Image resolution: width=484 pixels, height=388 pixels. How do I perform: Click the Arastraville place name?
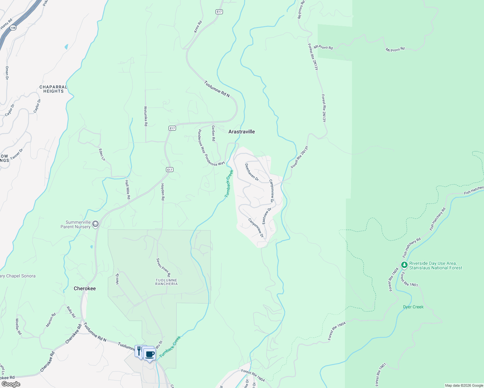point(241,132)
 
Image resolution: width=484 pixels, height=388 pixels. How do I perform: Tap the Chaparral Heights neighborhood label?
point(53,89)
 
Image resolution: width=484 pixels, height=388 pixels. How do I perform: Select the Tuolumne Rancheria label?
point(166,282)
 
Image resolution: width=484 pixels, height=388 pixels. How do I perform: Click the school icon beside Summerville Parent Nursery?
point(95,224)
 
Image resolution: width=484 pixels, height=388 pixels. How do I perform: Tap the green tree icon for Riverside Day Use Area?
point(404,265)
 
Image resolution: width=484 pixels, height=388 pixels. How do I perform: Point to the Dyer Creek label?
point(413,307)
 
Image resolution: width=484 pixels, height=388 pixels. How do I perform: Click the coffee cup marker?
point(149,354)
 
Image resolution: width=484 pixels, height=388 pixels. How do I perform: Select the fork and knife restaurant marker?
point(139,351)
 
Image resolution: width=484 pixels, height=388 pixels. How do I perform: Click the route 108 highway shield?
point(13,28)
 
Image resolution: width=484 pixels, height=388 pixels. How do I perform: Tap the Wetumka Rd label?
point(146,116)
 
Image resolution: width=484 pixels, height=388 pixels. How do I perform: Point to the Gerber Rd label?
point(213,133)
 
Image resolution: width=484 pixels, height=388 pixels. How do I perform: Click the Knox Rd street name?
point(198,27)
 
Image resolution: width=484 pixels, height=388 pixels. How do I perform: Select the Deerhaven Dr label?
point(252,172)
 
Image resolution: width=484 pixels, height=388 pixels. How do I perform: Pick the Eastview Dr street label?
point(267,216)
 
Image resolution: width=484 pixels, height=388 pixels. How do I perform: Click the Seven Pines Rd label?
point(163,267)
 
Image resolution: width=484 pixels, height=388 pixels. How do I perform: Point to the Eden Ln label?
point(102,155)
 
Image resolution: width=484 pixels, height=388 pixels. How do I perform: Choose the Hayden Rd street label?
point(163,192)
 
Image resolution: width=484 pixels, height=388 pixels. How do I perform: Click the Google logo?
point(11,384)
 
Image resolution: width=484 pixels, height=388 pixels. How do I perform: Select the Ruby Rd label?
point(71,312)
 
